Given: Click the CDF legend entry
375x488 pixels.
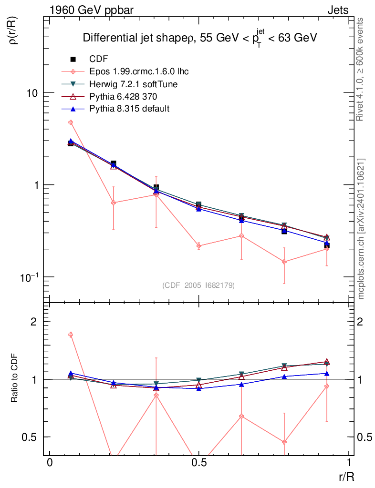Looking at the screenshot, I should pyautogui.click(x=98, y=59).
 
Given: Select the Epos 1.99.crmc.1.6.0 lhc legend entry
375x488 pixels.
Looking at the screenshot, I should pyautogui.click(x=139, y=71).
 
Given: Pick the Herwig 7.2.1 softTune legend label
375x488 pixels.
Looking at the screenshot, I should pyautogui.click(x=134, y=84).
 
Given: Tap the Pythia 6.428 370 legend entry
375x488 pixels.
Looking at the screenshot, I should pyautogui.click(x=123, y=96).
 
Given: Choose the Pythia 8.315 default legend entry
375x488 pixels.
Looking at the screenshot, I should pyautogui.click(x=129, y=109).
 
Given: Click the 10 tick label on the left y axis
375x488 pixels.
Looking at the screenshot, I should pyautogui.click(x=33, y=93).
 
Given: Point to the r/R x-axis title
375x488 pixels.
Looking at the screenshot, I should pyautogui.click(x=346, y=476).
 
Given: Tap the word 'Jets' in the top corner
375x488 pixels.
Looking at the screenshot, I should pyautogui.click(x=338, y=10).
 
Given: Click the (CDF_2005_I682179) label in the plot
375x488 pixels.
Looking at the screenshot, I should pyautogui.click(x=198, y=285).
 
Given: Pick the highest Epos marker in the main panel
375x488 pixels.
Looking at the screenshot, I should pyautogui.click(x=71, y=122).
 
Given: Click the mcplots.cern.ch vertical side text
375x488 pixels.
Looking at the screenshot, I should pyautogui.click(x=361, y=229).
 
